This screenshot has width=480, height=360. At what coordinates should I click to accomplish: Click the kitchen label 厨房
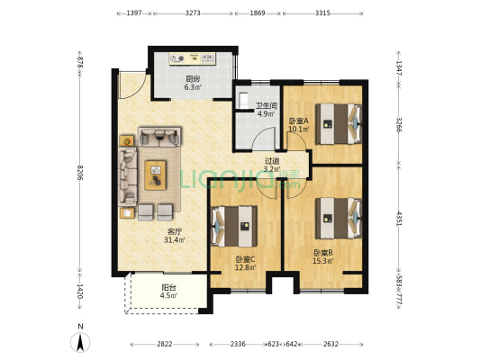pos(192,79)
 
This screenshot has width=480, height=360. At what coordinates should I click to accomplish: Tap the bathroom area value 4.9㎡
pos(266,114)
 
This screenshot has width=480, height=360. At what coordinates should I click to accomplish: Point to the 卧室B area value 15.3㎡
pos(322,261)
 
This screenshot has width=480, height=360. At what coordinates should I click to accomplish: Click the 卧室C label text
pos(246,260)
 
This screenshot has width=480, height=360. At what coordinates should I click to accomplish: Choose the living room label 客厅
pos(175,231)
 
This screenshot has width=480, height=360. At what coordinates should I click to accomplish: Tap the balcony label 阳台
pos(168,287)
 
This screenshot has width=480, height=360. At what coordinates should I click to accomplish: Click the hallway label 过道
pos(272,160)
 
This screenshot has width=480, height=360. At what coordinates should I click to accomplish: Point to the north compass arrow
pos(80,342)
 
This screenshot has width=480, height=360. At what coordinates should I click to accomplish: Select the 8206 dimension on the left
pos(80,173)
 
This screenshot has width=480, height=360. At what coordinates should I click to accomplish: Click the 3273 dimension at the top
pos(193,13)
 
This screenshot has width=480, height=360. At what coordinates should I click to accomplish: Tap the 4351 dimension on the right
pos(399,219)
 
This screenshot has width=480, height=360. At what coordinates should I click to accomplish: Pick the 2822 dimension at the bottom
pos(165,344)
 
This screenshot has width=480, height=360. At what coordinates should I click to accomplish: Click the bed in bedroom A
pos(339,124)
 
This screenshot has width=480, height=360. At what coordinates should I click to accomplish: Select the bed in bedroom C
pos(234,226)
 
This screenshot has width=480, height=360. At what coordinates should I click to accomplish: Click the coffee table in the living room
pos(156,175)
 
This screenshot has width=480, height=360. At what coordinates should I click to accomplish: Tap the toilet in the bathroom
pos(243,100)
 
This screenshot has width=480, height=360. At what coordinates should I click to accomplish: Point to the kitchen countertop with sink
pos(193,58)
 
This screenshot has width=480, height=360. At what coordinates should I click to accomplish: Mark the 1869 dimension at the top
pos(258,13)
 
